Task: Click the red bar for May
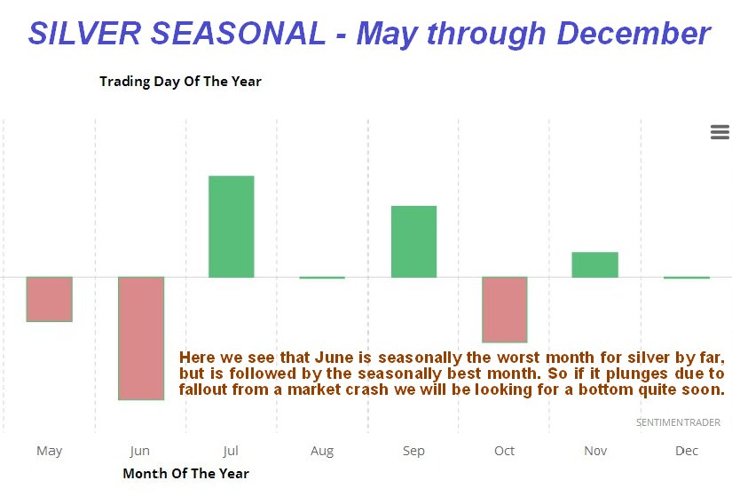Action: tap(50, 299)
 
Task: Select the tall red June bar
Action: tap(141, 338)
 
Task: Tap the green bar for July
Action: tap(232, 226)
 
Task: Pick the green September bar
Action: tap(414, 241)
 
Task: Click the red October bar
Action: tap(505, 310)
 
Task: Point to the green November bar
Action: tap(595, 264)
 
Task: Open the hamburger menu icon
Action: tap(720, 132)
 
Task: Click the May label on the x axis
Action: tap(50, 451)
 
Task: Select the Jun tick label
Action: tap(140, 451)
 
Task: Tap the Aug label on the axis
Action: tap(322, 451)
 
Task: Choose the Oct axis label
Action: tap(505, 451)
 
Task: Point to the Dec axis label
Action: tap(687, 451)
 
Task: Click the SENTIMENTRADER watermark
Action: tap(678, 422)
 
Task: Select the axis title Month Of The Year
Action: tap(185, 474)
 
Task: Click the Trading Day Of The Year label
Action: tap(180, 82)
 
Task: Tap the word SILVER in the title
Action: tap(84, 33)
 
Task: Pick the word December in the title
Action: tap(634, 33)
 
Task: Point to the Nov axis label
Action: tap(595, 451)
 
